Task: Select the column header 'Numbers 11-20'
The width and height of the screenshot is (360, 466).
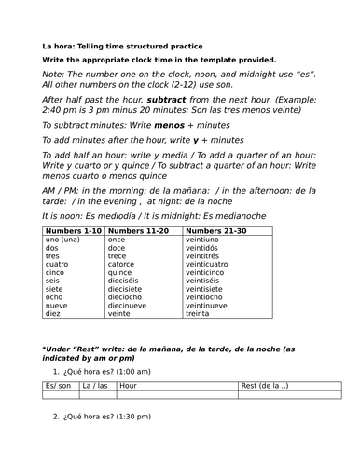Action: (x=139, y=231)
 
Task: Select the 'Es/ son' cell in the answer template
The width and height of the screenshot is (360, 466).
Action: (x=61, y=385)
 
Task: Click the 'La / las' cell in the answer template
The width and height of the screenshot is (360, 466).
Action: (x=96, y=385)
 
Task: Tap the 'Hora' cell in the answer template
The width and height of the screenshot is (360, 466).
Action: (x=130, y=385)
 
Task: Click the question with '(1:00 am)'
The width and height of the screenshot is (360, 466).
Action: (x=113, y=370)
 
